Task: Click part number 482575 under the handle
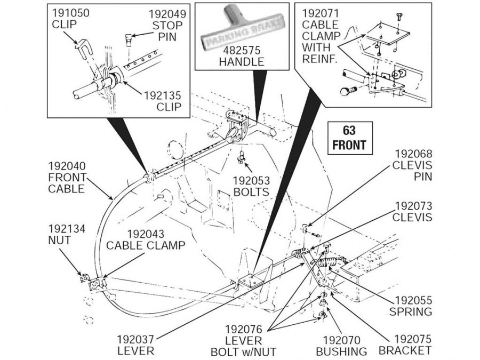coord(241,50)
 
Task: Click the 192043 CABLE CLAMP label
coord(146,239)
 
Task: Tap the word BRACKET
coord(405,350)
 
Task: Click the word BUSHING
coord(342,351)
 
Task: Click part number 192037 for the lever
coord(136,339)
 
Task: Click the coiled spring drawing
coord(329,262)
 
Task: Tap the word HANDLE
coord(241,61)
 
